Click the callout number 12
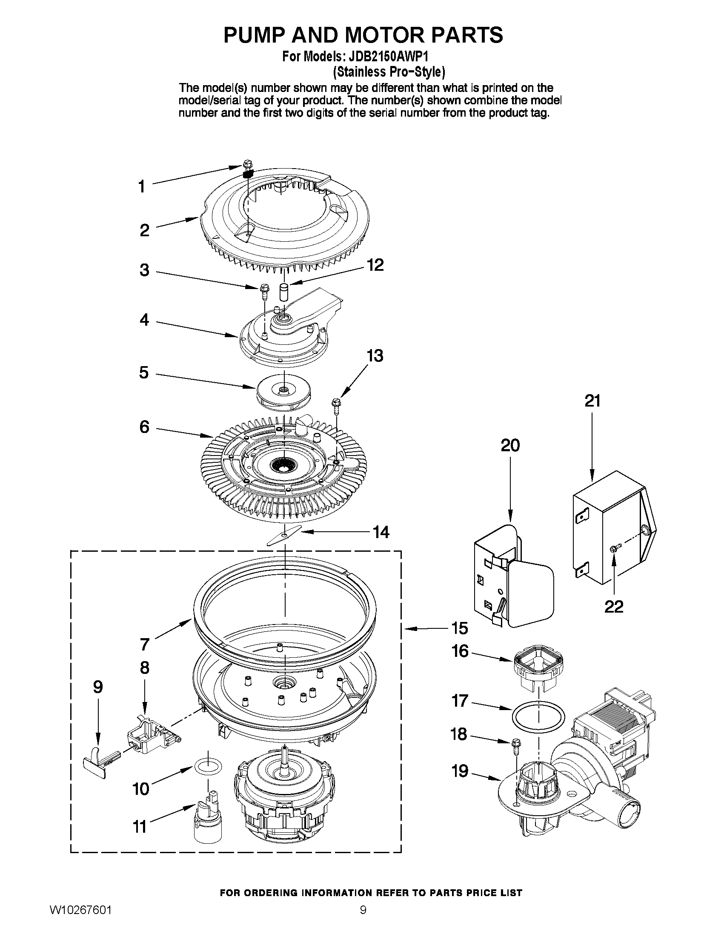click(375, 265)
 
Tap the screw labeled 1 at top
click(247, 163)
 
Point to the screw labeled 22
click(613, 548)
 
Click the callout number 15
click(459, 628)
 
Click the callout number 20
click(509, 445)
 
